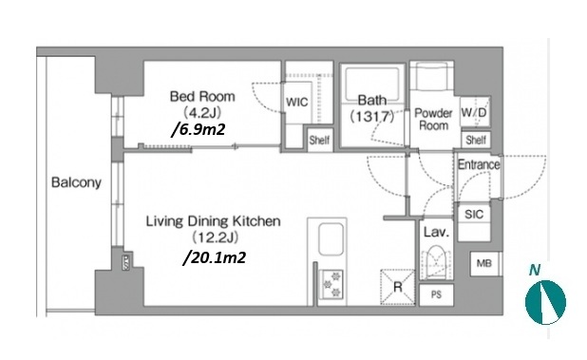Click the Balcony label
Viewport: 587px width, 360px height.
click(x=76, y=182)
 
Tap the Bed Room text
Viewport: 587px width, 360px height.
click(x=202, y=96)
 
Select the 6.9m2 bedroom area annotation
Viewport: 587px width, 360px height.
click(x=199, y=129)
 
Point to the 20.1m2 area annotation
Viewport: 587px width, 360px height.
click(x=215, y=257)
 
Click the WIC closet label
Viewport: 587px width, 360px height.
click(x=297, y=102)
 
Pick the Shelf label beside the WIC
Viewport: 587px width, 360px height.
click(x=319, y=140)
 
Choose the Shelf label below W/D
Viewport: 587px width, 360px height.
click(x=476, y=140)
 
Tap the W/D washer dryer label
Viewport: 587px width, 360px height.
click(x=474, y=112)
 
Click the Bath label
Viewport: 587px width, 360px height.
click(x=372, y=100)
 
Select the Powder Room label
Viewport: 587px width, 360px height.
click(x=433, y=119)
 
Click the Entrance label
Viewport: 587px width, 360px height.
click(x=479, y=164)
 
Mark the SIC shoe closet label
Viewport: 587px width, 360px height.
click(x=474, y=215)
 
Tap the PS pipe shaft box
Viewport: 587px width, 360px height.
click(x=436, y=294)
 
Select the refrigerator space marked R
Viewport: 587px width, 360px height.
click(x=398, y=287)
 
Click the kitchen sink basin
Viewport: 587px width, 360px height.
click(x=331, y=239)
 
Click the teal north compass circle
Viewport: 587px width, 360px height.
click(x=545, y=302)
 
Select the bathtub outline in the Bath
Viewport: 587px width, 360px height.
click(x=372, y=85)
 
